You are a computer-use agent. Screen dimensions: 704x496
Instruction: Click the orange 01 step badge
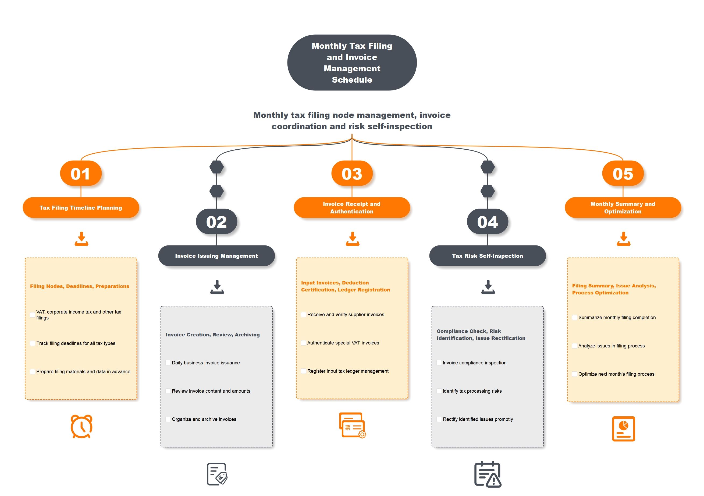[x=81, y=173]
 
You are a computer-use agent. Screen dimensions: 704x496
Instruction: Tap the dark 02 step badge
[x=216, y=221]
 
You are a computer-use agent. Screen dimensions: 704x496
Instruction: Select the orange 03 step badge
[x=352, y=173]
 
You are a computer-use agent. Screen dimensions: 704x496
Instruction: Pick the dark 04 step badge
[x=488, y=221]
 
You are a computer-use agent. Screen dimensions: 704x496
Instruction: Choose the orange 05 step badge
[x=623, y=173]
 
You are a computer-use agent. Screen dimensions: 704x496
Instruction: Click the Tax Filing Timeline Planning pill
[x=81, y=208]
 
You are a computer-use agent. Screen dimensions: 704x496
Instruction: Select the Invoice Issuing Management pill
[x=216, y=256]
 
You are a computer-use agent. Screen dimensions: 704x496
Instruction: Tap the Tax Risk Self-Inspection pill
[x=488, y=256]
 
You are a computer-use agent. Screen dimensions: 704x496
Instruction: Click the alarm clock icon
[x=81, y=427]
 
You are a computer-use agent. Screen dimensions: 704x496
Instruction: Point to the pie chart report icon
[x=623, y=429]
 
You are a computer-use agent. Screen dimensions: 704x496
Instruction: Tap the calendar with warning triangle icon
[x=488, y=474]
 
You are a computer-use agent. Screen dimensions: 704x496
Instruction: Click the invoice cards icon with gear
[x=352, y=425]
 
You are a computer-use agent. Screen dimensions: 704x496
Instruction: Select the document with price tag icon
[x=217, y=474]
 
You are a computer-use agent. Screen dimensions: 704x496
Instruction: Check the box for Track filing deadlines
[x=33, y=343]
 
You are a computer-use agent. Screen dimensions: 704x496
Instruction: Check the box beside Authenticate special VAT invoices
[x=304, y=343]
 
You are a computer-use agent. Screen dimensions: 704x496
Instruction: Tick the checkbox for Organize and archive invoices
[x=168, y=419]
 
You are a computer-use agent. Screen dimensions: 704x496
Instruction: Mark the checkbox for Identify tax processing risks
[x=439, y=391]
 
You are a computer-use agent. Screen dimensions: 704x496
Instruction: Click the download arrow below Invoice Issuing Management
[x=217, y=287]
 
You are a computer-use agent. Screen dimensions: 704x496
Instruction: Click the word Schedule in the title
[x=352, y=80]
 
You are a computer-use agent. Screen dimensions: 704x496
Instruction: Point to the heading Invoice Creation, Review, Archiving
[x=213, y=335]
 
